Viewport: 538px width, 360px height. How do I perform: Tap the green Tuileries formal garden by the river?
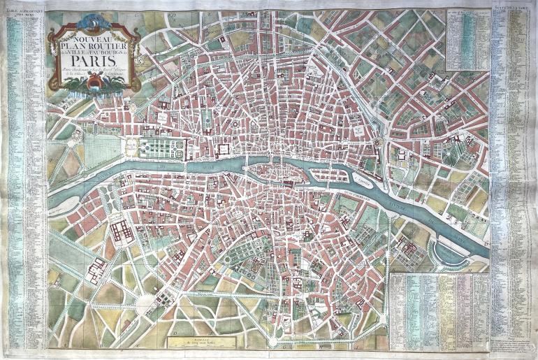[x=165, y=147]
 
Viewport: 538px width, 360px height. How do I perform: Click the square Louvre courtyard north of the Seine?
[x=224, y=149]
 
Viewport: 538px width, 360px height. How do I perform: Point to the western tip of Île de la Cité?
[x=248, y=168]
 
